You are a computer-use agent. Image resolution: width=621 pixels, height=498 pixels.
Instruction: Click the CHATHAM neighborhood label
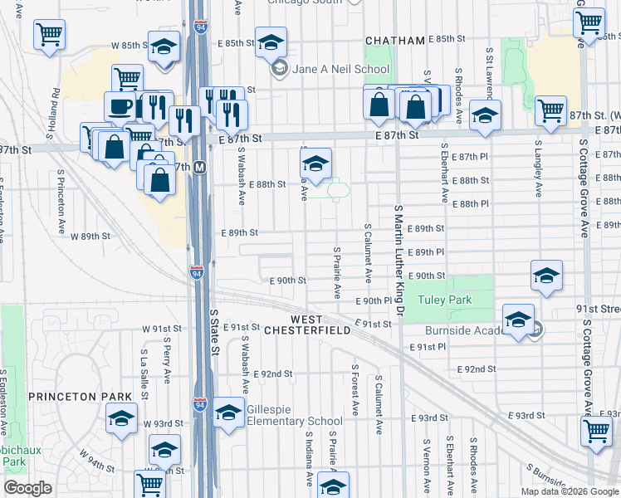coord(395,40)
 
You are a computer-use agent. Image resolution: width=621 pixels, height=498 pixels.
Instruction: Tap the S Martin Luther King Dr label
coord(399,266)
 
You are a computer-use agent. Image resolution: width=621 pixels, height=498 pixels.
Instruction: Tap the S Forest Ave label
coord(355,388)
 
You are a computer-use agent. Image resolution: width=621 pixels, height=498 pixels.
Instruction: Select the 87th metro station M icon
coord(201,166)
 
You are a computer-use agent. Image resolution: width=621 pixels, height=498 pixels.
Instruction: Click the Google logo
coord(28,488)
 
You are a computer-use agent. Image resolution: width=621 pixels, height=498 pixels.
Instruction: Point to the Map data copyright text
coord(569,491)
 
